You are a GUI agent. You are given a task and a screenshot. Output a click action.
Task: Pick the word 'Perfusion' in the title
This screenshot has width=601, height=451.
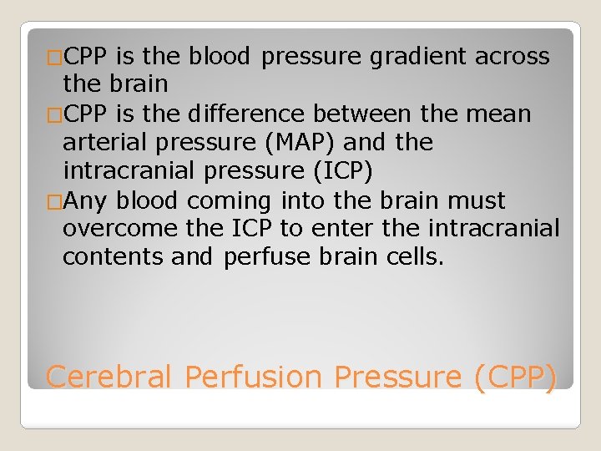[253, 377]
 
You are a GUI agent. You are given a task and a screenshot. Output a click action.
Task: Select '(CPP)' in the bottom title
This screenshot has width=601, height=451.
[513, 377]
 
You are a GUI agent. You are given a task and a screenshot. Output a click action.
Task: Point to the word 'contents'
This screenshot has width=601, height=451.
[113, 256]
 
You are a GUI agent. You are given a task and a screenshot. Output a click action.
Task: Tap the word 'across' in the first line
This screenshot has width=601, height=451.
[512, 57]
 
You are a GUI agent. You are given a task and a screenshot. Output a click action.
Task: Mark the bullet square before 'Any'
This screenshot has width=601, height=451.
[54, 201]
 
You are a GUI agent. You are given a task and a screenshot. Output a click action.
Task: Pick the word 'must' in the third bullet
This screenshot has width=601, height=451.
[477, 200]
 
